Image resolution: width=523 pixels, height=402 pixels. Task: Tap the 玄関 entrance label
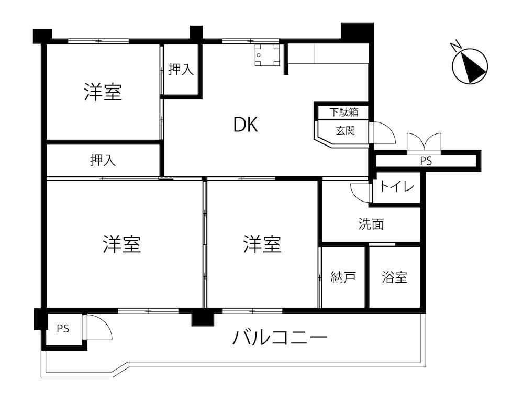tap(345, 130)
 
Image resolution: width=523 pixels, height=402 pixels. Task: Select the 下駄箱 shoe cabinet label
tap(344, 112)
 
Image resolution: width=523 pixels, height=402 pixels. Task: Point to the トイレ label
tap(397, 186)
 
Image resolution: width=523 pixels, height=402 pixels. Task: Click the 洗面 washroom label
tap(371, 224)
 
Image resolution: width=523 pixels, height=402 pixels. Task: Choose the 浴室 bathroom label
tap(394, 277)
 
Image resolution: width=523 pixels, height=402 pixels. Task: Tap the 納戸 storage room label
tap(343, 277)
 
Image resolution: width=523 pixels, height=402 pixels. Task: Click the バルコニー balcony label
tap(280, 338)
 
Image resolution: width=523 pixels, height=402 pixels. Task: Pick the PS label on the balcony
tap(63, 329)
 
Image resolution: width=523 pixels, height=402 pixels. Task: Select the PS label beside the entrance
tap(426, 161)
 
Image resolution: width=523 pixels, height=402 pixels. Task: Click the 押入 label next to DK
tap(181, 70)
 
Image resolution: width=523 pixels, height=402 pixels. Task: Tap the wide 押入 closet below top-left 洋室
tap(103, 161)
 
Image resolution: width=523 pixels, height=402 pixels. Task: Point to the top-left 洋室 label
tap(103, 92)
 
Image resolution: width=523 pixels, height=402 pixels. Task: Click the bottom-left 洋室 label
tap(122, 244)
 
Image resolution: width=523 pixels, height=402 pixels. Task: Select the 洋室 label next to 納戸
tap(262, 244)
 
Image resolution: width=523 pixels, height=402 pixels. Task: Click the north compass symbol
tap(470, 66)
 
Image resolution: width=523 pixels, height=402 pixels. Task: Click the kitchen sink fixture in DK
tap(267, 55)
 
